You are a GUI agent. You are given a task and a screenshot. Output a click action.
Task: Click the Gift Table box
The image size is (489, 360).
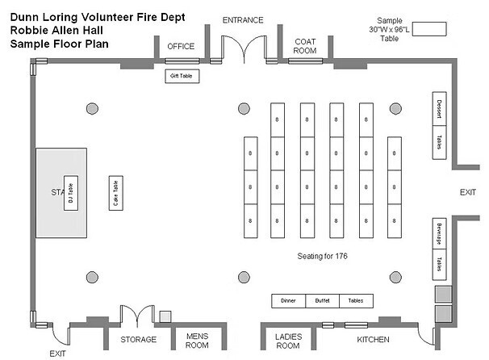point(182,77)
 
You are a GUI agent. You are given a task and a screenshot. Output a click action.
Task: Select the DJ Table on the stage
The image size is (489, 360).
point(69,195)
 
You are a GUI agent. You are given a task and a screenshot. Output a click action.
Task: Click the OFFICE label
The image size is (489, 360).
point(181,46)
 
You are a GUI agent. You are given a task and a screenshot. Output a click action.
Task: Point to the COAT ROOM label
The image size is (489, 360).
point(304,45)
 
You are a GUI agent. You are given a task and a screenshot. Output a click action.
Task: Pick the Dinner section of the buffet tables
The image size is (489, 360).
point(288,301)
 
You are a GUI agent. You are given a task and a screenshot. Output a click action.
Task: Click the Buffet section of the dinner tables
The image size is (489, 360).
point(322,301)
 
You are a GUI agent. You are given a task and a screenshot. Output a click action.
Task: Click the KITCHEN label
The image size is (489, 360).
point(373,339)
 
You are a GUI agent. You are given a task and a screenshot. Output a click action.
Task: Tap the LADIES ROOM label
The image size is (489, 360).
point(287,340)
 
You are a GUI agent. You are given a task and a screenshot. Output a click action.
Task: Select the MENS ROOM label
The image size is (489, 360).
point(198,340)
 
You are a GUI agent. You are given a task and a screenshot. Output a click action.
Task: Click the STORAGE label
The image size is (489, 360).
point(138,339)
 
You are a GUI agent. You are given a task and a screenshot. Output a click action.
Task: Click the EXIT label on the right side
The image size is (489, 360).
point(468,193)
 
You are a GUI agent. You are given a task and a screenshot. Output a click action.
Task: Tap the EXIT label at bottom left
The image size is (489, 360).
point(57,354)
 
